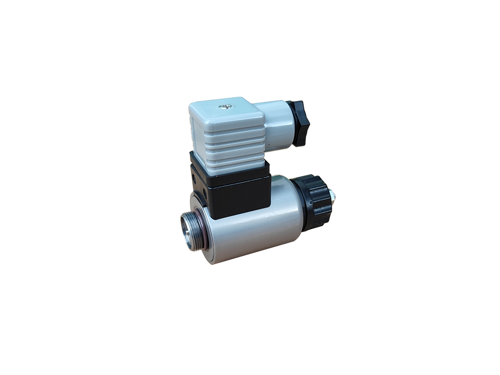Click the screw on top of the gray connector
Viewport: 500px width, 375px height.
(x=226, y=106)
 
